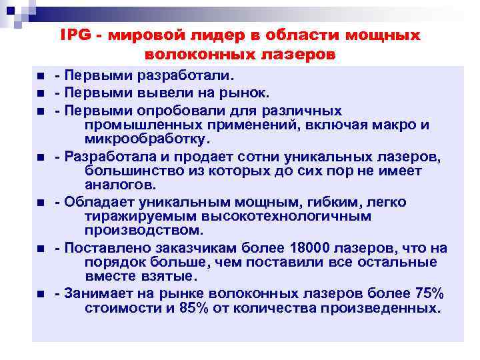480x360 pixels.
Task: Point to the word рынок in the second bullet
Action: point(248,93)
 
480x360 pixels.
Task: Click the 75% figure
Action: point(428,293)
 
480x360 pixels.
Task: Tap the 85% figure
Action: point(193,309)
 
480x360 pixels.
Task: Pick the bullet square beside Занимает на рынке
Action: point(41,294)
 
